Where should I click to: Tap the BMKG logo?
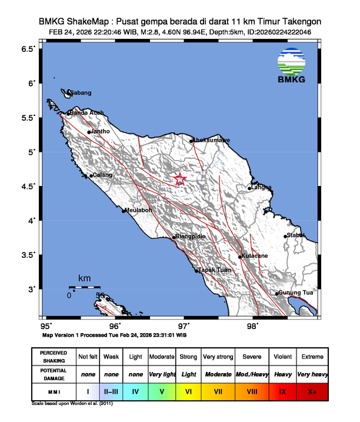(x=291, y=66)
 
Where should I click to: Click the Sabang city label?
(x=81, y=93)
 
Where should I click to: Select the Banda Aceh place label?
(x=87, y=113)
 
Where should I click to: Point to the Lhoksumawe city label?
(x=212, y=140)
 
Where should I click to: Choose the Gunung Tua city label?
(x=296, y=293)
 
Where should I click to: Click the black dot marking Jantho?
(x=89, y=132)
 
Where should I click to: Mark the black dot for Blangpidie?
(x=174, y=237)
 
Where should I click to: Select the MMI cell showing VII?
(x=217, y=390)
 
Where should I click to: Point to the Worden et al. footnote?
(x=72, y=404)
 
